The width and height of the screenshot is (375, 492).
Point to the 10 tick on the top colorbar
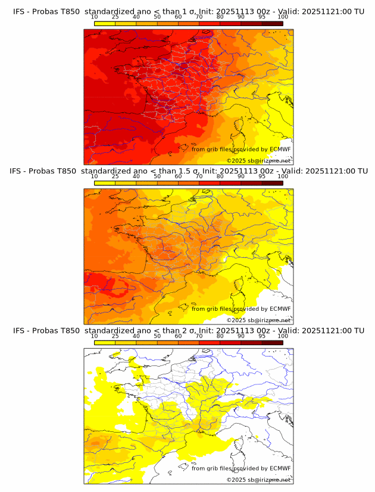(95, 17)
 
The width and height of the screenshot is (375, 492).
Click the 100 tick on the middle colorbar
(283, 176)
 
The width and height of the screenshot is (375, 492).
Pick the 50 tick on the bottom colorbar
(157, 336)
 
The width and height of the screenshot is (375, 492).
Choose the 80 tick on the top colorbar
(220, 17)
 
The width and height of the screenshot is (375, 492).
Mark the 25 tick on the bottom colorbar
(115, 336)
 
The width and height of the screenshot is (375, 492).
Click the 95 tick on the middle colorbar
(262, 176)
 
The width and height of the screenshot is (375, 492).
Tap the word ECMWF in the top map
(280, 149)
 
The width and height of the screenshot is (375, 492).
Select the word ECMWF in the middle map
(280, 308)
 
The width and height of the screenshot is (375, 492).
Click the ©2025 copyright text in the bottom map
(236, 480)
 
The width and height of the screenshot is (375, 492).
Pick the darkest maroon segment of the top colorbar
(273, 23)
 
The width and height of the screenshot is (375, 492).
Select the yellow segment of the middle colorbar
(105, 182)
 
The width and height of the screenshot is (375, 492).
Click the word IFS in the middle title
(20, 171)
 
